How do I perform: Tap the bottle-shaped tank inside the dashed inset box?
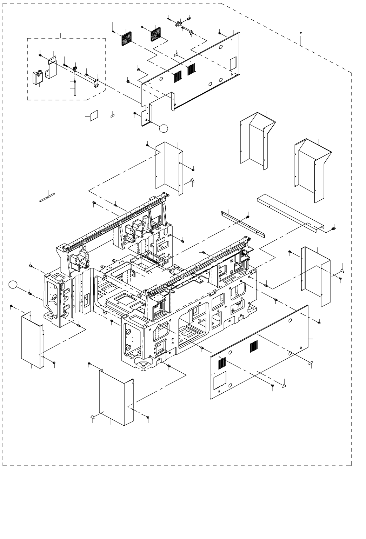point(38,78)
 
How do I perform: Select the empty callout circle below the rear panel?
point(164,128)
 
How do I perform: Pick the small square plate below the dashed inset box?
point(94,116)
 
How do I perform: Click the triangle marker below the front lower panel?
point(284,385)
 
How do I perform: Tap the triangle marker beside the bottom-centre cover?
point(92,417)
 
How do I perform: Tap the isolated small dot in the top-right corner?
point(301,33)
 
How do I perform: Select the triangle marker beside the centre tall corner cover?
point(192,180)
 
